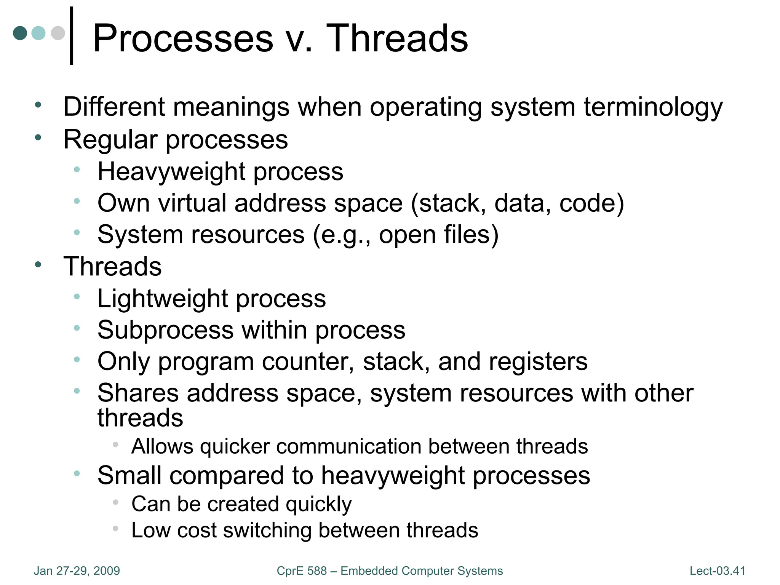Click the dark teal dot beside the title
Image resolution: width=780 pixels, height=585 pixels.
pos(20,33)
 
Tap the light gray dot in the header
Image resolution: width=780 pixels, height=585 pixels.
pos(58,33)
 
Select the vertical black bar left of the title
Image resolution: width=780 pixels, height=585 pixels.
pos(71,36)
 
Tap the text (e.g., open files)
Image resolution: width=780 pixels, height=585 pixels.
pos(406,235)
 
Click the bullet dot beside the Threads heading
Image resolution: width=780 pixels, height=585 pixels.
pos(38,264)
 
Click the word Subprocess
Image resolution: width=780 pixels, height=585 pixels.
pos(165,330)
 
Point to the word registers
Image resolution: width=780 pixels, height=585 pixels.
pos(538,361)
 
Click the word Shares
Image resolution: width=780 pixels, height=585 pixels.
pos(138,393)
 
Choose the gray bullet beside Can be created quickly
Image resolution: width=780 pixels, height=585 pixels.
pos(116,503)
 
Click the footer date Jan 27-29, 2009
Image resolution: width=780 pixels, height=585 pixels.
pos(77,571)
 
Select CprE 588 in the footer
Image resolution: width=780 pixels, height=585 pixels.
pos(302,571)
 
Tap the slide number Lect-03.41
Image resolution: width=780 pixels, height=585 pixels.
pos(717,571)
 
